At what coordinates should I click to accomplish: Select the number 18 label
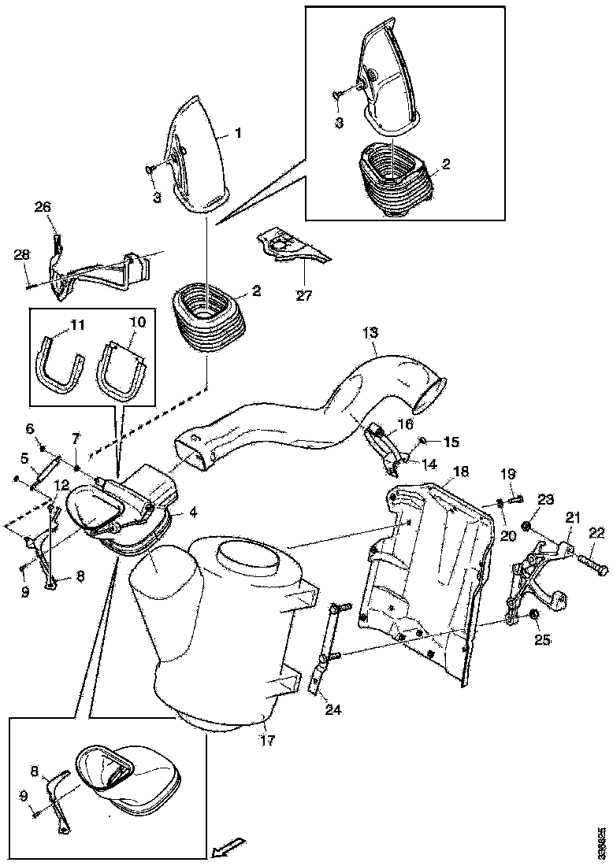coord(461,472)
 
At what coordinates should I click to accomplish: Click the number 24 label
coord(333,709)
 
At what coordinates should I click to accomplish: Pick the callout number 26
coord(42,208)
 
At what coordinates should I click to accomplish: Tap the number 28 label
coord(21,254)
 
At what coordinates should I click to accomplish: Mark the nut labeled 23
coord(526,524)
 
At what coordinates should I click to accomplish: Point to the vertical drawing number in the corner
coord(602,842)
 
